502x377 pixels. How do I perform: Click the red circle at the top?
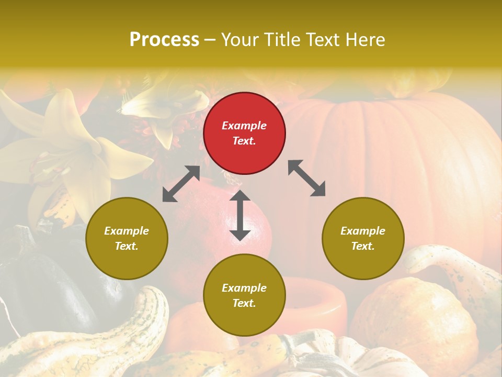244,133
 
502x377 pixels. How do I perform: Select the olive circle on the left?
127,238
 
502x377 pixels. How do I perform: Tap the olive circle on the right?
363,238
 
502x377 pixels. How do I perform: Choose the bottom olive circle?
244,295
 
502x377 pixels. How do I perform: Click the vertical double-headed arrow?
240,215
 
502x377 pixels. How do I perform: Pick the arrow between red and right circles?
306,178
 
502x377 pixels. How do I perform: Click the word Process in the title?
164,40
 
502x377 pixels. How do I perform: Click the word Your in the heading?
238,40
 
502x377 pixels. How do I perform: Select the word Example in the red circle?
244,126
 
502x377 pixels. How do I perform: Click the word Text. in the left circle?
127,246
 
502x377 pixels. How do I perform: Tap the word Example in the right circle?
363,231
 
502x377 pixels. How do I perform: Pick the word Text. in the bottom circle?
244,303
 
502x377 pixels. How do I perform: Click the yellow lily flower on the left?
68,152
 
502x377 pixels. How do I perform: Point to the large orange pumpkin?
397,157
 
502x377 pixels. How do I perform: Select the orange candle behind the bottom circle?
319,304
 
